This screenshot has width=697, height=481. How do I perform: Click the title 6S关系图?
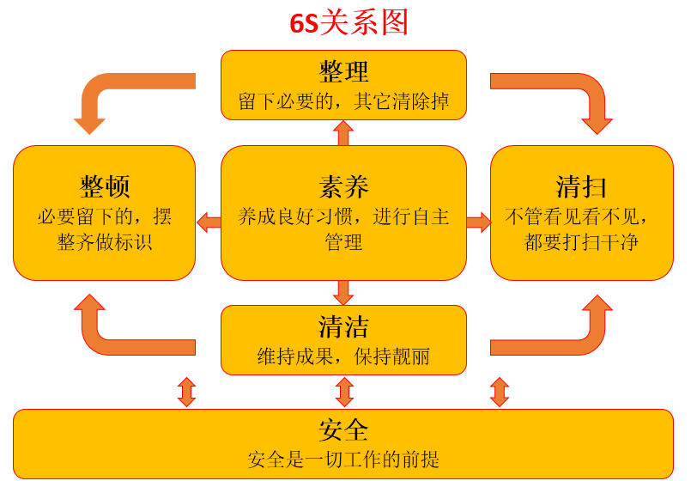[x=348, y=22]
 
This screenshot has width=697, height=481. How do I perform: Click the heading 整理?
[x=343, y=71]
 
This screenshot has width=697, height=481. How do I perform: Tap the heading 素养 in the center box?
[x=343, y=186]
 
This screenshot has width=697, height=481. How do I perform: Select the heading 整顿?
[x=105, y=186]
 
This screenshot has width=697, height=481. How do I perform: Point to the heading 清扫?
[x=581, y=186]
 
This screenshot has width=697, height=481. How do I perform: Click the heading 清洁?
[x=343, y=327]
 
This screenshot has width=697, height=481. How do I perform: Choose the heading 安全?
[x=343, y=429]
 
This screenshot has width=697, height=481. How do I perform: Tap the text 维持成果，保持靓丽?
[x=343, y=356]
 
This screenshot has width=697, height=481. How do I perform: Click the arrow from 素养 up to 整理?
[x=343, y=132]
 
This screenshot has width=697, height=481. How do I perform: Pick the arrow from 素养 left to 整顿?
[x=209, y=222]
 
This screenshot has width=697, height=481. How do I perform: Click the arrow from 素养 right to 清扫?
[x=478, y=222]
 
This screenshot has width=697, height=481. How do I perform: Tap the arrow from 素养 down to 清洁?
[x=343, y=292]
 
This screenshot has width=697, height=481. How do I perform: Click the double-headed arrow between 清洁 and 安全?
[x=344, y=392]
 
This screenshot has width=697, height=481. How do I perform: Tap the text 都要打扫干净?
[x=581, y=242]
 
